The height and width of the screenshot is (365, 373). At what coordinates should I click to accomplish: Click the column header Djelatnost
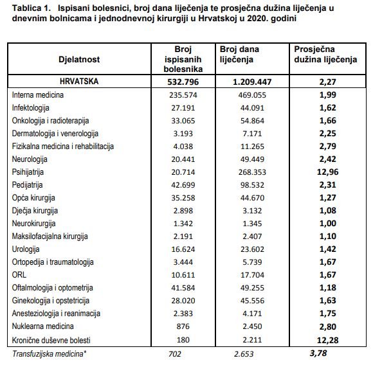79,59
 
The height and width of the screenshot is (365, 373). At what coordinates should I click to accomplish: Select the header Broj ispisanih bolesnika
183,59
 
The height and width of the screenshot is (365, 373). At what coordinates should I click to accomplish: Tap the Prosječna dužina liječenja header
325,54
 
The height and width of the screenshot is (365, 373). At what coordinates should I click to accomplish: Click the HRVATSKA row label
79,81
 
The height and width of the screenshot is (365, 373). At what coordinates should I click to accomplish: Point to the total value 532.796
183,82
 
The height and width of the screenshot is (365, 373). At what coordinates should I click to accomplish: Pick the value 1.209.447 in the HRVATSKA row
252,82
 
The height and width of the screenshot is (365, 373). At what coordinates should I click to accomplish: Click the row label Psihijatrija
28,172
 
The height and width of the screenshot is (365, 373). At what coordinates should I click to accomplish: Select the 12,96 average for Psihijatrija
327,172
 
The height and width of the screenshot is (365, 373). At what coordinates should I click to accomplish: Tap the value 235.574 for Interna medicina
183,95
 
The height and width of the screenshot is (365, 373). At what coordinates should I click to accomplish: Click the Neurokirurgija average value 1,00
327,224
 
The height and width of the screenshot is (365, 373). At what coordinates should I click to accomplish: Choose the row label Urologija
26,249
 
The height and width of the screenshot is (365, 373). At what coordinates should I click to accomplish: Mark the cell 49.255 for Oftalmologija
252,288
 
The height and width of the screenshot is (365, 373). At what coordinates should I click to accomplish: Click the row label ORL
19,274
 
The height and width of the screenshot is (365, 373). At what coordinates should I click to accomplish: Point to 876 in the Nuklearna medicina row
183,326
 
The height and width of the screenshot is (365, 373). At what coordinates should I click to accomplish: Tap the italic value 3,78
318,353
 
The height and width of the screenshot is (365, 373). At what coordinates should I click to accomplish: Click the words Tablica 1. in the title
31,8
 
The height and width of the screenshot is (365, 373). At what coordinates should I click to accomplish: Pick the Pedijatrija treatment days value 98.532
252,185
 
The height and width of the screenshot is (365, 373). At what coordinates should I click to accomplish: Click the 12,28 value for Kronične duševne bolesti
327,341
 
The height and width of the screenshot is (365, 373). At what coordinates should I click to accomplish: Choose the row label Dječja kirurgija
35,211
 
